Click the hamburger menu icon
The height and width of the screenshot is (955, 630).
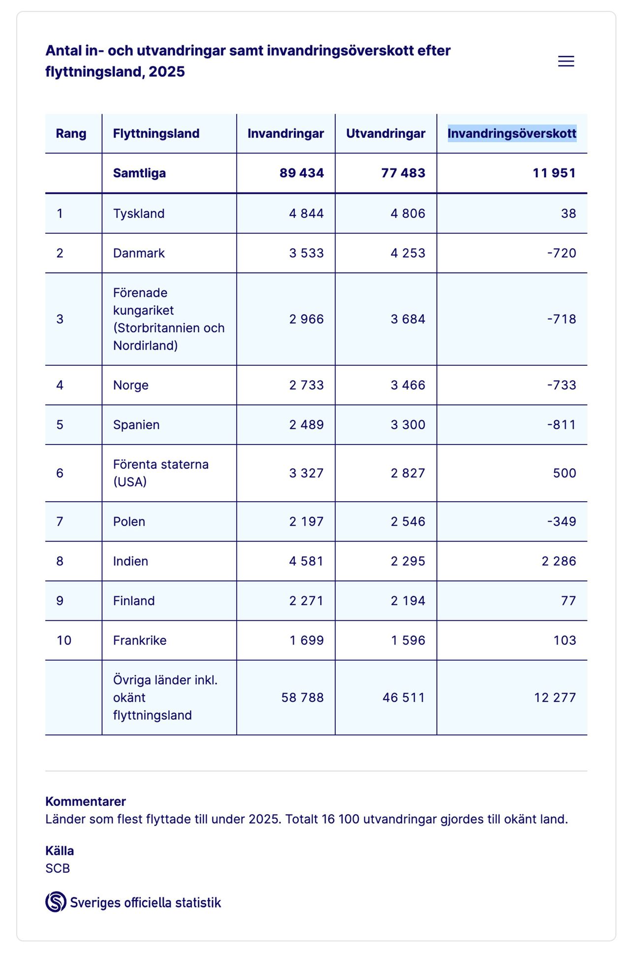(x=566, y=61)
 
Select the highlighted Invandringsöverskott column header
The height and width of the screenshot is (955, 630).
(x=511, y=133)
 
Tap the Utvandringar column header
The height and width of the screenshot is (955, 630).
(x=385, y=133)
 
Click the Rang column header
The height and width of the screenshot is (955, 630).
(x=71, y=133)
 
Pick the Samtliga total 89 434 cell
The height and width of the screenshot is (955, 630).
(x=301, y=173)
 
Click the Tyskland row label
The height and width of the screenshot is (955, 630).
(x=139, y=214)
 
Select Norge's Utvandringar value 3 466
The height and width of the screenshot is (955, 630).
(x=408, y=385)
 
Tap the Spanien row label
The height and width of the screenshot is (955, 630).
(x=136, y=425)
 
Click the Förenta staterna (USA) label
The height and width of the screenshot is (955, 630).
(x=160, y=473)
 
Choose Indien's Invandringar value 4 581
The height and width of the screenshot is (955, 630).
(x=306, y=561)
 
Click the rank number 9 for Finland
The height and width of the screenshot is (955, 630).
(x=60, y=601)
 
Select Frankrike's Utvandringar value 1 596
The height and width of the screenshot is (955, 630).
(x=408, y=640)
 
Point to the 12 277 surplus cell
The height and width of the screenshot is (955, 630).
(x=555, y=698)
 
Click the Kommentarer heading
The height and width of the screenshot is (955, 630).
(x=86, y=801)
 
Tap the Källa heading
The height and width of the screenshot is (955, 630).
(x=60, y=851)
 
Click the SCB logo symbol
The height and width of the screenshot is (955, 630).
(x=56, y=902)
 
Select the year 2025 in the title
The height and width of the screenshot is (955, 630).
(x=167, y=72)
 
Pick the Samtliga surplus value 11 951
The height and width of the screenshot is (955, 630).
(x=554, y=173)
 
